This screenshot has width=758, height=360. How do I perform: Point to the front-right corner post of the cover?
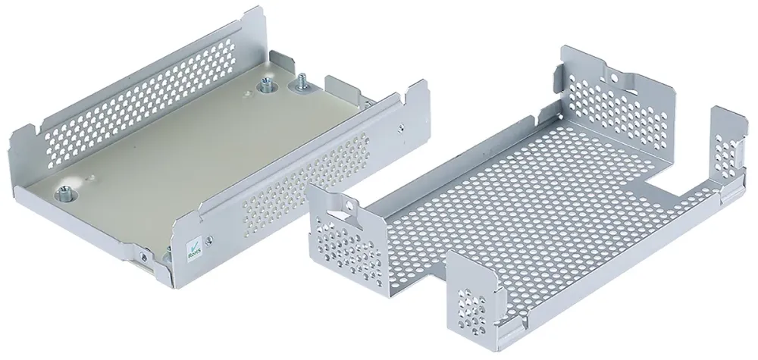(x=470, y=292)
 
